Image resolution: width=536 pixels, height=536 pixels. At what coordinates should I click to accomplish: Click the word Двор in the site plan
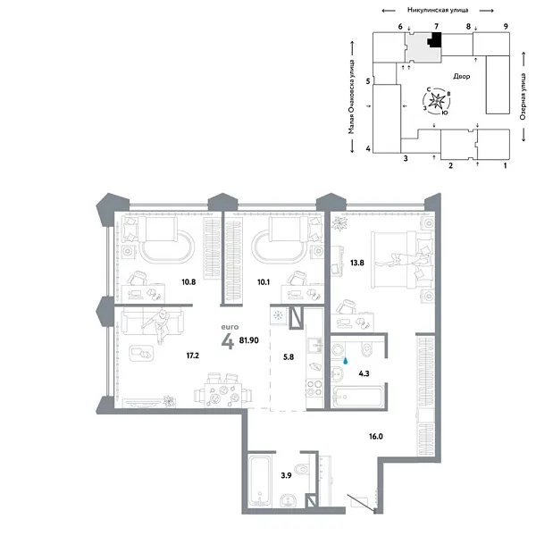click(x=462, y=77)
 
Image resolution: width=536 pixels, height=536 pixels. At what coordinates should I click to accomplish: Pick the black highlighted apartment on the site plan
click(x=436, y=41)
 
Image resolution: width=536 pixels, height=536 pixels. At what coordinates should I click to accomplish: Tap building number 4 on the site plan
click(x=368, y=148)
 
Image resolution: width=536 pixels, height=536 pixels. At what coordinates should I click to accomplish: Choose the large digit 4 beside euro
click(x=229, y=342)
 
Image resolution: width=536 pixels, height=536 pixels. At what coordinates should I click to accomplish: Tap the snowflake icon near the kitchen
click(x=277, y=315)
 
